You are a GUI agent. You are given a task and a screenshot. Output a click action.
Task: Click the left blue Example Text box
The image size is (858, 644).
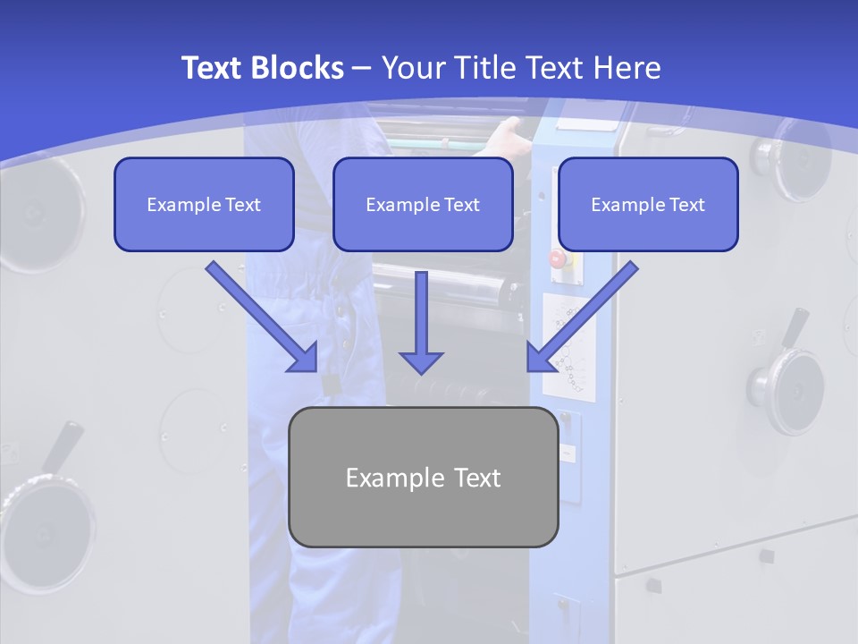pos(204,205)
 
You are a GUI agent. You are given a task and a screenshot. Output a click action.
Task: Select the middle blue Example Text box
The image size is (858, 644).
pos(423,205)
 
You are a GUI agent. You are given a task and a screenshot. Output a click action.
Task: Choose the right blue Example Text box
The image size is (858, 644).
pos(648,205)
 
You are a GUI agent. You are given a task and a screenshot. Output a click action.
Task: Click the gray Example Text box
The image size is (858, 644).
pos(423,477)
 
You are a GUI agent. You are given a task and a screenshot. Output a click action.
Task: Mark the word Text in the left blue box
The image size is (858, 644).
pos(242,205)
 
